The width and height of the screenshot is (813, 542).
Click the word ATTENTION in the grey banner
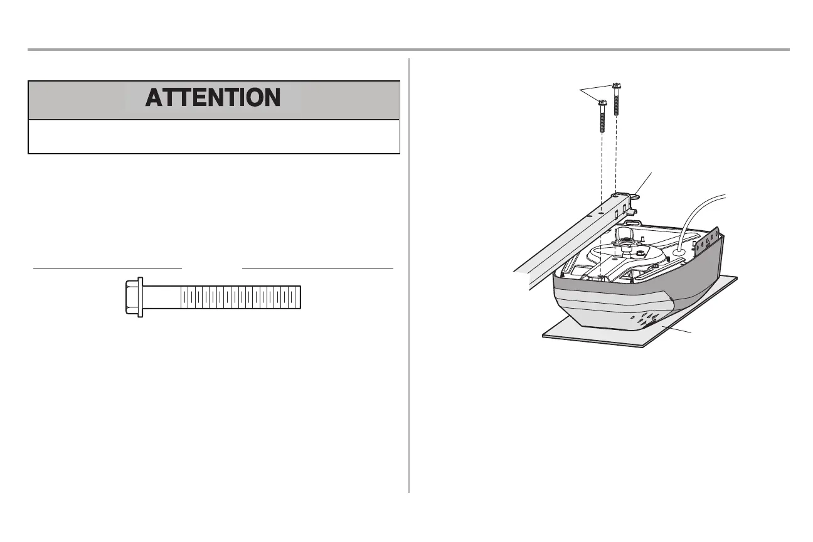(x=213, y=98)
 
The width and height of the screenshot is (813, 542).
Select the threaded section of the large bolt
(x=241, y=297)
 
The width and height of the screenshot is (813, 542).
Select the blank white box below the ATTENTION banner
(x=214, y=136)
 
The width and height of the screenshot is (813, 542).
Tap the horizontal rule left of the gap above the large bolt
(x=107, y=267)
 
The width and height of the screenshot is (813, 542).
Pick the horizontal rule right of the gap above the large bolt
(x=317, y=267)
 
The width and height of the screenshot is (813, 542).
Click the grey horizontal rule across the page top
(x=408, y=49)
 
